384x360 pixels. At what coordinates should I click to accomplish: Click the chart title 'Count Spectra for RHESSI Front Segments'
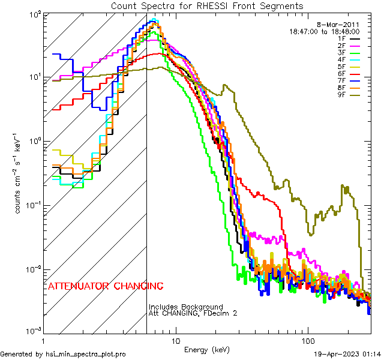coord(207,6)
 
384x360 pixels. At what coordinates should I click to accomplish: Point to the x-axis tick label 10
coord(175,340)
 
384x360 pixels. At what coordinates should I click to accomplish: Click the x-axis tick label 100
coord(307,340)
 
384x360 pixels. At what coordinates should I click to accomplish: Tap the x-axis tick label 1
coord(44,340)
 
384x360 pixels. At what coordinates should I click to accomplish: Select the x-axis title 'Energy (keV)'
coord(206,349)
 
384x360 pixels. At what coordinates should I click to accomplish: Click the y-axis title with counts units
coord(20,174)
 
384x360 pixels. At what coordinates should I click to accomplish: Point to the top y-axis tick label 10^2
coord(34,13)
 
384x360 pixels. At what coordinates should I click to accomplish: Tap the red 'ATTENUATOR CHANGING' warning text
coord(105,286)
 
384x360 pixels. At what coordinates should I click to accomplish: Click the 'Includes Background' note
coord(186,307)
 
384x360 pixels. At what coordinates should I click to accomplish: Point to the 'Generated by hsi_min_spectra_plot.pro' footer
coord(63,354)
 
